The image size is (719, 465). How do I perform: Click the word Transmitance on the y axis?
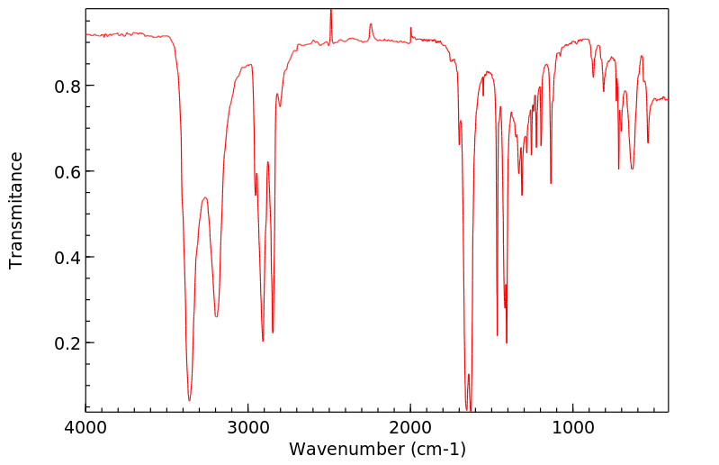[x=16, y=210]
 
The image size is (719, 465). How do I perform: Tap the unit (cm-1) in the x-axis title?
[x=436, y=448]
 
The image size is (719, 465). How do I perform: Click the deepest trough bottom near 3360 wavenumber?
[x=189, y=400]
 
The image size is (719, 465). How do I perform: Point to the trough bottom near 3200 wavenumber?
[x=216, y=316]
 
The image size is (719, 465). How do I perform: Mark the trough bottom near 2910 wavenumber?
[x=263, y=341]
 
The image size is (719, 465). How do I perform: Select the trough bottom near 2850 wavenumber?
[x=273, y=333]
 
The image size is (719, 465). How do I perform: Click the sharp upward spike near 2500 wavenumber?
[x=330, y=10]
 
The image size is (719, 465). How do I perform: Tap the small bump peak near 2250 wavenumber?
[x=371, y=24]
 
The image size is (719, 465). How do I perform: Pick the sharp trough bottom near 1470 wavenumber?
[x=497, y=335]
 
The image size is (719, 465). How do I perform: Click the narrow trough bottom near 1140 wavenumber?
[x=551, y=183]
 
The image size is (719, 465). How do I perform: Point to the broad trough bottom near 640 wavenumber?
[x=632, y=169]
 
